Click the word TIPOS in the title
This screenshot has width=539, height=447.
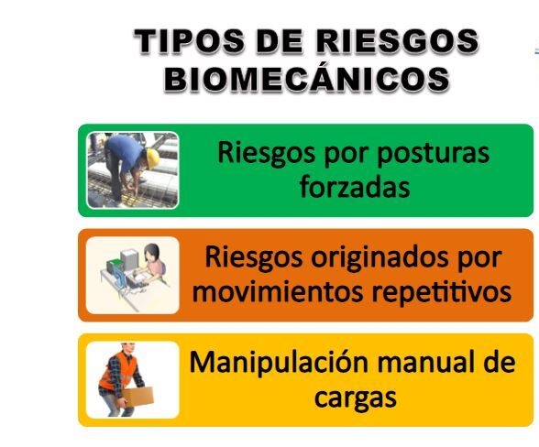(x=190, y=41)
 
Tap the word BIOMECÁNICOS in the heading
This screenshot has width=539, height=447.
(x=307, y=80)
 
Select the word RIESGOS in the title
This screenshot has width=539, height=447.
(x=398, y=41)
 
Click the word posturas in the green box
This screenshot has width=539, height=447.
(x=433, y=154)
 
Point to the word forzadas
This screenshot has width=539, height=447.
(x=355, y=187)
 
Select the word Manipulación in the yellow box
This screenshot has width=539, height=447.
(x=279, y=363)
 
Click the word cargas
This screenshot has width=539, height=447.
(x=356, y=398)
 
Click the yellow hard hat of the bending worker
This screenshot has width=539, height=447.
(x=152, y=158)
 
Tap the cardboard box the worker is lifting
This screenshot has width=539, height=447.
(x=138, y=397)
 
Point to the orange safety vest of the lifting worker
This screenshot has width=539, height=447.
(x=119, y=370)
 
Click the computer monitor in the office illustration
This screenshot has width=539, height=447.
(x=129, y=260)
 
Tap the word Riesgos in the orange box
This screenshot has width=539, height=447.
(x=254, y=258)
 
